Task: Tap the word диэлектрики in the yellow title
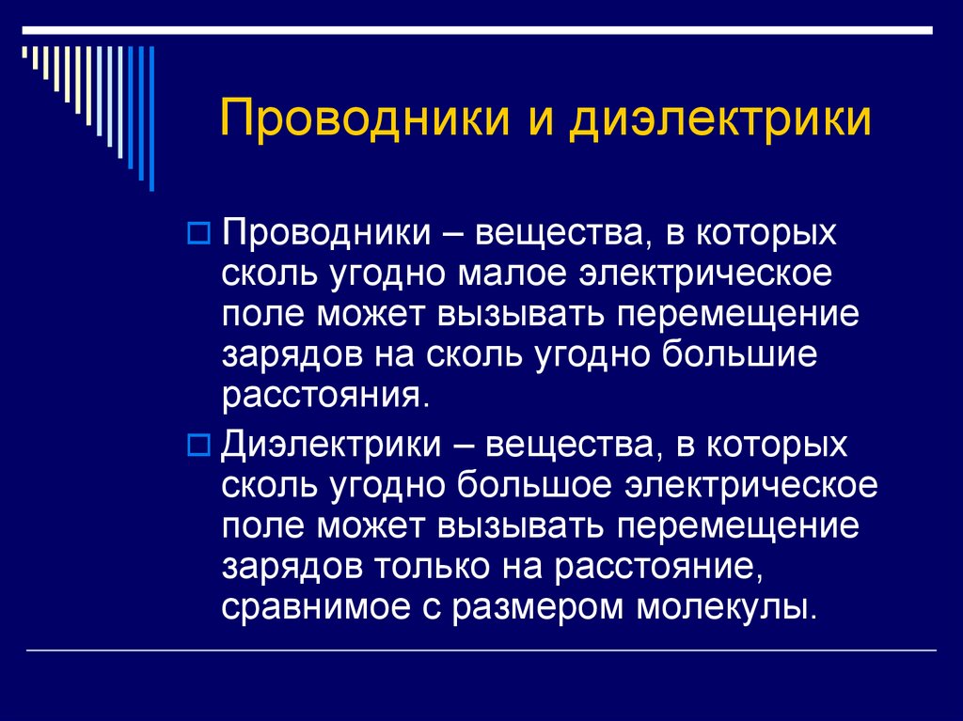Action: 718,121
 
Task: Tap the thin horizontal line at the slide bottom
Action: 481,650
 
